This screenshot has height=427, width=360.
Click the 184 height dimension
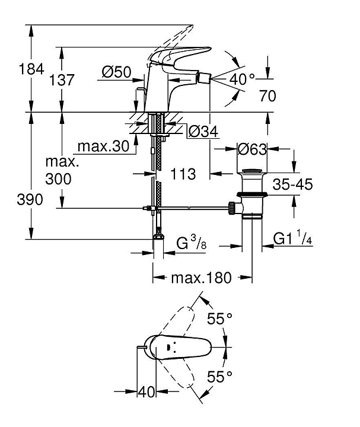coord(15,69)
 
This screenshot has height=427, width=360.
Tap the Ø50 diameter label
coord(116,72)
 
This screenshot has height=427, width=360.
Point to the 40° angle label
coord(242,78)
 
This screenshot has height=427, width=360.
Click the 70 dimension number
coord(267,96)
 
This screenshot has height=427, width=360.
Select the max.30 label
coord(103,146)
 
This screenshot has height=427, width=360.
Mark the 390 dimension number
coord(15,200)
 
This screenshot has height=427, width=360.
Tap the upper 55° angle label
coord(219,319)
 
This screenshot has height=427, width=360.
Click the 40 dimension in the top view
coord(146,391)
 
